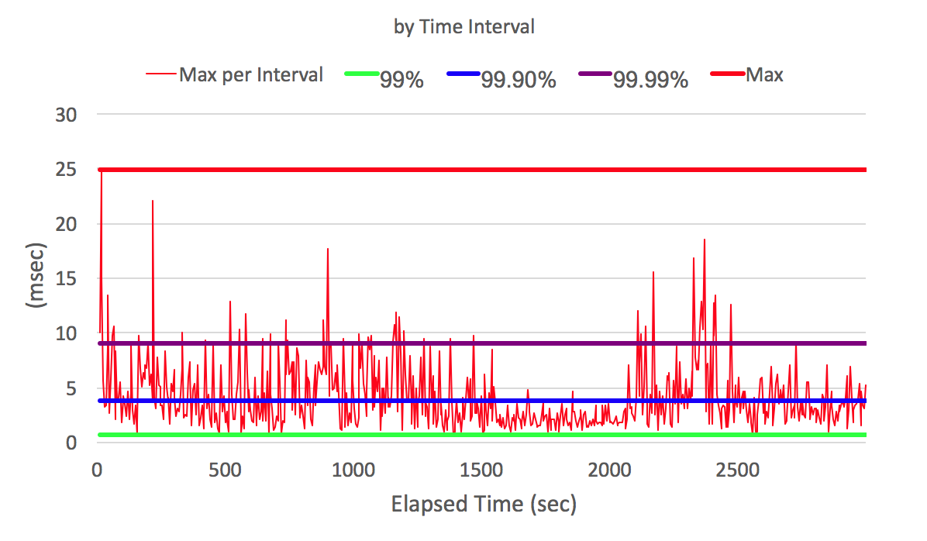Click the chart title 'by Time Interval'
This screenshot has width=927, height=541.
tap(464, 26)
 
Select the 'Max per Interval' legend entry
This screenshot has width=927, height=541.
tap(251, 75)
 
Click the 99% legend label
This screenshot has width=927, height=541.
tap(401, 79)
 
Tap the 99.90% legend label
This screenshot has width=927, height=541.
tap(519, 79)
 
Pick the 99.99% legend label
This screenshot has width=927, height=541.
tap(650, 79)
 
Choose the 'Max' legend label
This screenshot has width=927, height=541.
tap(764, 75)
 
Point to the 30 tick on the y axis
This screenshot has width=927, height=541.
tap(65, 115)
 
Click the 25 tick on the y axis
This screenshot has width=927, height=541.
tap(65, 170)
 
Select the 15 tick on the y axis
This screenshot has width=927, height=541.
tap(65, 279)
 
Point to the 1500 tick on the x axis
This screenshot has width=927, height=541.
tap(481, 470)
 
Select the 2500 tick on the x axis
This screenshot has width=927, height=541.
tap(737, 470)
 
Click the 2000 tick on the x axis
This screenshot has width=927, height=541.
tap(609, 470)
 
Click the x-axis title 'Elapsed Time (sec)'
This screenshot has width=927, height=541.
tap(484, 505)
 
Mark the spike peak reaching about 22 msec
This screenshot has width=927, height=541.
tap(153, 201)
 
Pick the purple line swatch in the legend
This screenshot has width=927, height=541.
tap(594, 74)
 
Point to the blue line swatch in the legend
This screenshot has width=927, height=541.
tap(463, 74)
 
